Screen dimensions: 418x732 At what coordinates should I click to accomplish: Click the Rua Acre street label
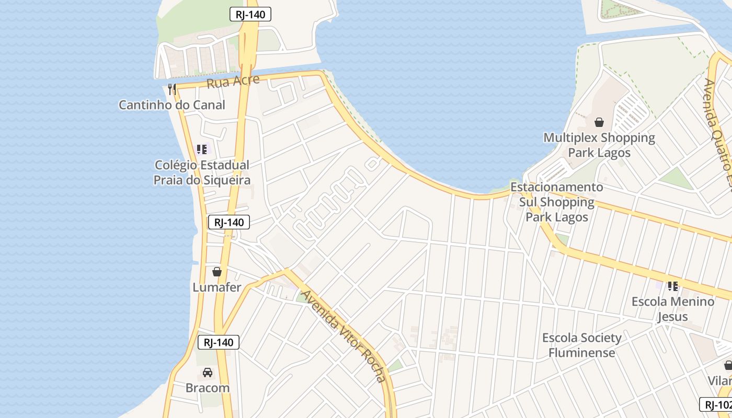(x=233, y=82)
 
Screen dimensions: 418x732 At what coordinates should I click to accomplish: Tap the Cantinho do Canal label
(x=171, y=104)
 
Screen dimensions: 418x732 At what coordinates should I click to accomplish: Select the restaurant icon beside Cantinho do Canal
(x=172, y=89)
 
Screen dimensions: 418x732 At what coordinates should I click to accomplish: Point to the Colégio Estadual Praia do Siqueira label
(x=202, y=172)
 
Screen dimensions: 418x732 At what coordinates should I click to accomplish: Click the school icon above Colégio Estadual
(x=202, y=149)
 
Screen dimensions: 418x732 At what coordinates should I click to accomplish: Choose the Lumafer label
(x=217, y=287)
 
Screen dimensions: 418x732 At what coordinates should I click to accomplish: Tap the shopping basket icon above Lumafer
(x=217, y=272)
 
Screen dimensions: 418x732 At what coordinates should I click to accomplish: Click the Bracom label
(x=208, y=388)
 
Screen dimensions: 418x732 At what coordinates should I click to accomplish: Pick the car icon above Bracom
(x=208, y=373)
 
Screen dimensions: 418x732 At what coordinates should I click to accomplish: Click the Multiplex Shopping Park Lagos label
(x=599, y=145)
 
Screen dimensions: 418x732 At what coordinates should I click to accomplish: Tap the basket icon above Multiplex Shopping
(x=599, y=122)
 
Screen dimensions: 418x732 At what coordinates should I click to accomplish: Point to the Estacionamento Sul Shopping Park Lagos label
(x=557, y=202)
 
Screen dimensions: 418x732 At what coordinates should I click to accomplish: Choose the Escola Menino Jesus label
(x=673, y=309)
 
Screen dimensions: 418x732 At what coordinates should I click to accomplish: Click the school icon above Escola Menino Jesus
(x=673, y=286)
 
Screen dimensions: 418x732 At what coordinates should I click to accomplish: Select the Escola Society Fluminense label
(x=582, y=345)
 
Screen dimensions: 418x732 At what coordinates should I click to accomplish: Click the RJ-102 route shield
(x=717, y=404)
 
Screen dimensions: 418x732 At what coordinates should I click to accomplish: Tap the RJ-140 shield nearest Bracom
(x=219, y=342)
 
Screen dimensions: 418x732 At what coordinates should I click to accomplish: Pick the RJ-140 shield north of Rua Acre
(x=250, y=14)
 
